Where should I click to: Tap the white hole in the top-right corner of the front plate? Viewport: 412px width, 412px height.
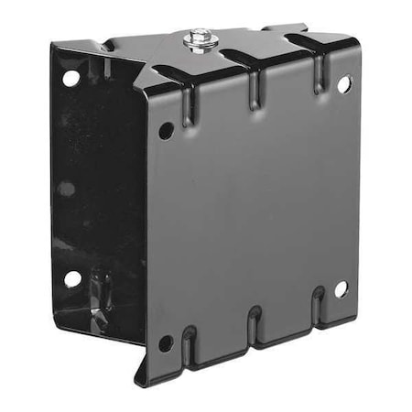(x=343, y=84)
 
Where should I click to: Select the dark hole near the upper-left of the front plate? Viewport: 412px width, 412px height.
(x=166, y=131)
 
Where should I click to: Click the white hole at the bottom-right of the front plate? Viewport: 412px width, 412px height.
(x=341, y=288)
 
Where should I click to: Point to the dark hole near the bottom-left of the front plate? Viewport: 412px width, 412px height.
(x=166, y=343)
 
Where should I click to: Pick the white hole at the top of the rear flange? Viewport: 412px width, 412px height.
(x=70, y=79)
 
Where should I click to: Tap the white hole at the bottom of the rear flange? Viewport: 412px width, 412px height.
(x=71, y=279)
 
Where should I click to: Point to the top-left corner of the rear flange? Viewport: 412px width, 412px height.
(x=52, y=44)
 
